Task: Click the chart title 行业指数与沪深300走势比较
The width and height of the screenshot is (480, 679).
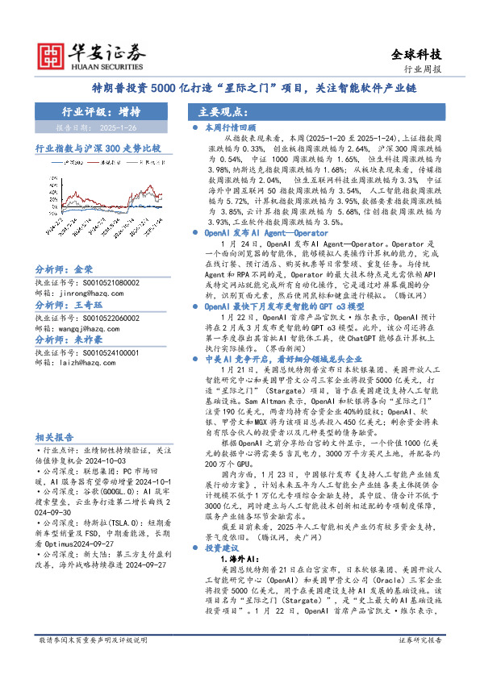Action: point(98,149)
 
